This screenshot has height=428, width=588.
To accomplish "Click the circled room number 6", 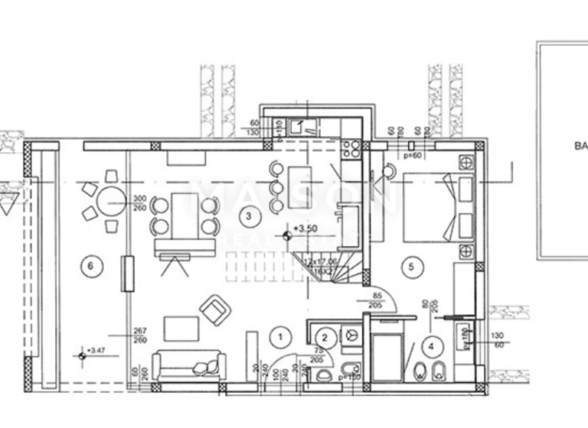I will (x=90, y=265).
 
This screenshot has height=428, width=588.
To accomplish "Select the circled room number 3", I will (x=247, y=217).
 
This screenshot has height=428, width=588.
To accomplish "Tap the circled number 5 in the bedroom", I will (x=411, y=266).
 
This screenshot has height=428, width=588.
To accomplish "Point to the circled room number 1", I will (x=281, y=336).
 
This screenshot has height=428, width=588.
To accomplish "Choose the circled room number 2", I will (x=325, y=336).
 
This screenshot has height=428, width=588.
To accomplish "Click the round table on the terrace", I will (x=112, y=202).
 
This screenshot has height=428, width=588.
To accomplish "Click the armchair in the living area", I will (x=215, y=310).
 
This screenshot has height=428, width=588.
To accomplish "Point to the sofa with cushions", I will (x=188, y=365).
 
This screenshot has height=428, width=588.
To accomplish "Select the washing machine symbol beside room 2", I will (x=353, y=335).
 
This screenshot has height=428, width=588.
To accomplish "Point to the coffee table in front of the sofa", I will (x=179, y=329).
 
